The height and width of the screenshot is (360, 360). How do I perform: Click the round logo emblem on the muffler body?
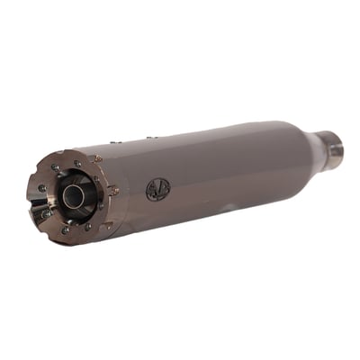pos(157,189)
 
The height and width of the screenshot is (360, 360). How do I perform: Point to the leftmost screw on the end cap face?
pos(41,189)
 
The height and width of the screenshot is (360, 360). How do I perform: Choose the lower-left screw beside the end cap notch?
pos(44,214)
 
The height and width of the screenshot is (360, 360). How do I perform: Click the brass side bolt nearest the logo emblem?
pos(114,190)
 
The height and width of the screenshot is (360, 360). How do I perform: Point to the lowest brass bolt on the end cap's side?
pos(106,220)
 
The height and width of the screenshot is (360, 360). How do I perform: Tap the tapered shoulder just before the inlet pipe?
pos(301,144)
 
